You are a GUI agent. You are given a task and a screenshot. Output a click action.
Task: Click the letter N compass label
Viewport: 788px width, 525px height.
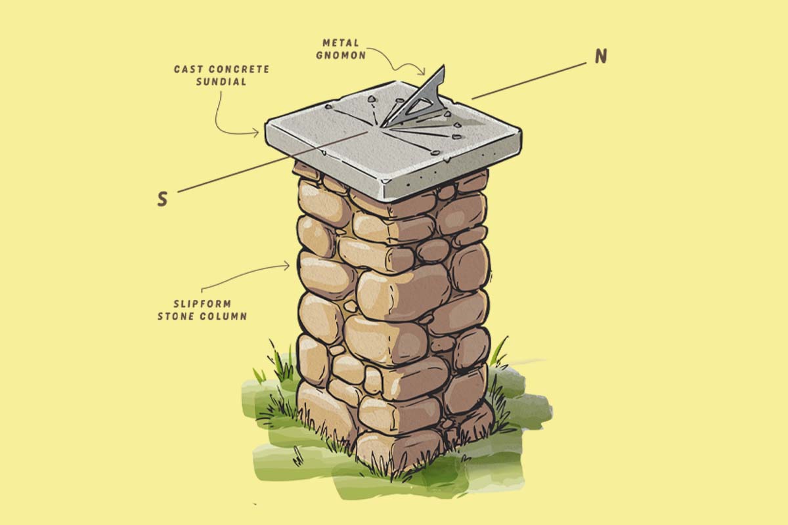click(601, 56)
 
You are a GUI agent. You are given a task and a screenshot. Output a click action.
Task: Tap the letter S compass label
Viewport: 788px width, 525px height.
click(162, 199)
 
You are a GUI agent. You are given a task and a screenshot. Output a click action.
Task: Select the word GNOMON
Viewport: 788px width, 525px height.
click(341, 56)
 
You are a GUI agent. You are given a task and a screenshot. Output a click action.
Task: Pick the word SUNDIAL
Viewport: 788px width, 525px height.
click(221, 81)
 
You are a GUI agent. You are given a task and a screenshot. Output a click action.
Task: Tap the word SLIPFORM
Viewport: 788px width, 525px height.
click(202, 303)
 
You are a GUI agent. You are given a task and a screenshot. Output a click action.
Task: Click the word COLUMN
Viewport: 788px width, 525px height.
click(223, 316)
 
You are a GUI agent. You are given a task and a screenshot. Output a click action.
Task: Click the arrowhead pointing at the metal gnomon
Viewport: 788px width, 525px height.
click(422, 72)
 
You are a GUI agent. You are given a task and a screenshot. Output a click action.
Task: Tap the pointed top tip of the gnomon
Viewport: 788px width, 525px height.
click(443, 66)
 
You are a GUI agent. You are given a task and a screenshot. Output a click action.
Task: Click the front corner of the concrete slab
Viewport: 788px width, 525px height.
click(385, 182)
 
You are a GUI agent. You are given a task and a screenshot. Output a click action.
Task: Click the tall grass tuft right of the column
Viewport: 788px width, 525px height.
click(500, 352)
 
